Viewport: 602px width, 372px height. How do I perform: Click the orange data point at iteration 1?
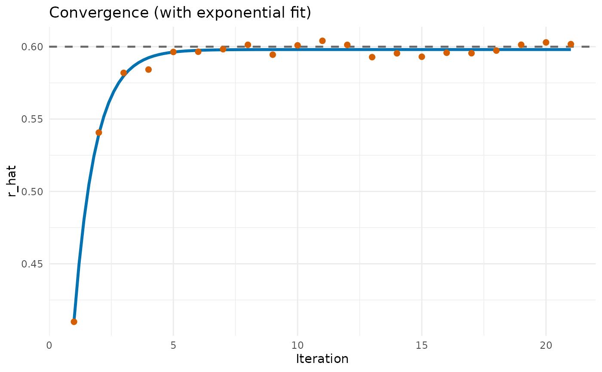point(74,322)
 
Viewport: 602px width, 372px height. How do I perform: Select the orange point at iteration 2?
point(98,132)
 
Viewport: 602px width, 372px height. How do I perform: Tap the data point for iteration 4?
point(148,70)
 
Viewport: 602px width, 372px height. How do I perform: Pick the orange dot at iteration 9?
point(273,55)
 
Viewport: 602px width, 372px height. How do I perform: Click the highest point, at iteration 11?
point(322,41)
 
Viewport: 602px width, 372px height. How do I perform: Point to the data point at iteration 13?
point(372,57)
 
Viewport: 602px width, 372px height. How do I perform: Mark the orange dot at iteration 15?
point(422,57)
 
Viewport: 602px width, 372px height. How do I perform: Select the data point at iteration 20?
point(546,43)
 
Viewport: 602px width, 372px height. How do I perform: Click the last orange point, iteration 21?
point(571,44)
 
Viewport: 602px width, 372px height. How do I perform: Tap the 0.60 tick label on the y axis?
point(32,47)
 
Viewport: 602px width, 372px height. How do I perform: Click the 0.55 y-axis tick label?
point(32,119)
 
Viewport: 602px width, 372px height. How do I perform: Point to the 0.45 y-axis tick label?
point(32,264)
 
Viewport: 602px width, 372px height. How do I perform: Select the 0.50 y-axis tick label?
point(32,192)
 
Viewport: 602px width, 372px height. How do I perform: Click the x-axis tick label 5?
point(173,345)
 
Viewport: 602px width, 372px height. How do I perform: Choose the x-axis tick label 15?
point(422,345)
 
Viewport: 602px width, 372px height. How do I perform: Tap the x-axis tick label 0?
point(49,345)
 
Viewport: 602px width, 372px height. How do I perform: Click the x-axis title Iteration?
point(322,359)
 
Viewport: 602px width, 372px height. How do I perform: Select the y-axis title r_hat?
point(12,181)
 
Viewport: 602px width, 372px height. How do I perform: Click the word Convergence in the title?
point(99,12)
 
